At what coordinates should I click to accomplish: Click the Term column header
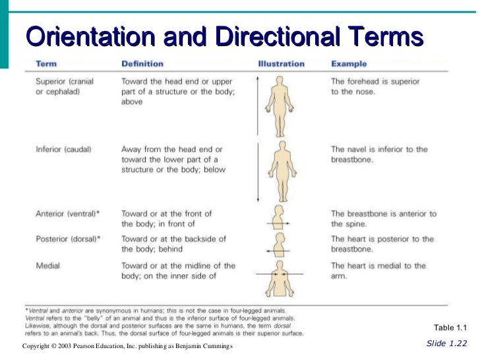click(x=45, y=64)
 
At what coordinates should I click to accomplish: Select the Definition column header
click(x=142, y=64)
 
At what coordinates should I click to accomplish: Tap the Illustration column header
click(x=281, y=64)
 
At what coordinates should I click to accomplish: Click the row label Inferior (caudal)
click(x=63, y=149)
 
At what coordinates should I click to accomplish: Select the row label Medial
click(x=47, y=266)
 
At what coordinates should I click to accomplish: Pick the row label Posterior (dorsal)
click(x=68, y=239)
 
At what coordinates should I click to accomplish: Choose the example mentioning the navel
click(x=378, y=154)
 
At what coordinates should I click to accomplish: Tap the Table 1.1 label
click(x=450, y=328)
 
